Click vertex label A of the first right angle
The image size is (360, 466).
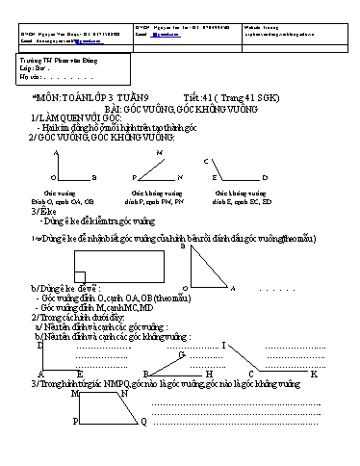pyautogui.click(x=57, y=153)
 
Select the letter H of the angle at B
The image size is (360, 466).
pyautogui.click(x=208, y=374)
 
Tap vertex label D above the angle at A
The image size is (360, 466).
pyautogui.click(x=39, y=347)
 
